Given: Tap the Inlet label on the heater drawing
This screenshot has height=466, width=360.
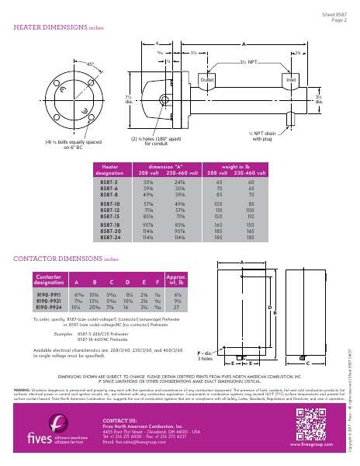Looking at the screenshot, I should pyautogui.click(x=291, y=80).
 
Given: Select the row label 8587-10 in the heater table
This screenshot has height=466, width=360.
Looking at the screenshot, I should pyautogui.click(x=111, y=202).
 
